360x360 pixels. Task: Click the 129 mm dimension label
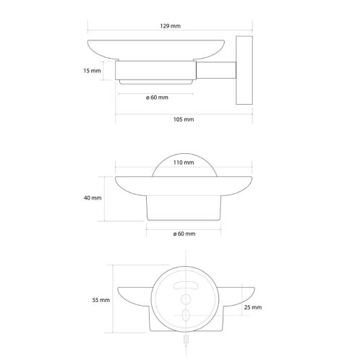pyautogui.click(x=170, y=26)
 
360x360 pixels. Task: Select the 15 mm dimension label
pyautogui.click(x=92, y=71)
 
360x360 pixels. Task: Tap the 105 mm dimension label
pyautogui.click(x=184, y=119)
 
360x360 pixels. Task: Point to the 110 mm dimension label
pyautogui.click(x=184, y=163)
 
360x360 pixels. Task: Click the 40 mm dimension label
pyautogui.click(x=93, y=198)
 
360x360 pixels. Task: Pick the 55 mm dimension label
pyautogui.click(x=101, y=300)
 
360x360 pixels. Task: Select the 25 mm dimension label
pyautogui.click(x=253, y=307)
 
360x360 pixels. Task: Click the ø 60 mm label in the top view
pyautogui.click(x=157, y=98)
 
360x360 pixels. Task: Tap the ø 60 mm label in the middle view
pyautogui.click(x=184, y=233)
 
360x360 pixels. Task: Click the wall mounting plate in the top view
pyautogui.click(x=244, y=70)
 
